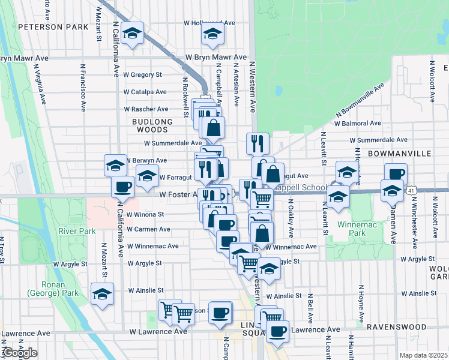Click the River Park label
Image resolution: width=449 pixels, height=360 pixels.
[73, 231]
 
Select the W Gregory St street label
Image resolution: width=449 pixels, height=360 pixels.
[142, 75]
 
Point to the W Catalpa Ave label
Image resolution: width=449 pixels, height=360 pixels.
[145, 92]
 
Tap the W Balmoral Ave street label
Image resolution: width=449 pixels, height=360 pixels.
[358, 123]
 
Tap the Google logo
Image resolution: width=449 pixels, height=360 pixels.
[20, 353]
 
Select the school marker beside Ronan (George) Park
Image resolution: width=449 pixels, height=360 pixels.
[102, 295]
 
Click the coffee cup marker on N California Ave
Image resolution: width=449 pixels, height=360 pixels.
[122, 186]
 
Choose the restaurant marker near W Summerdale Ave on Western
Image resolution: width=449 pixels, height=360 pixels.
[258, 143]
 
